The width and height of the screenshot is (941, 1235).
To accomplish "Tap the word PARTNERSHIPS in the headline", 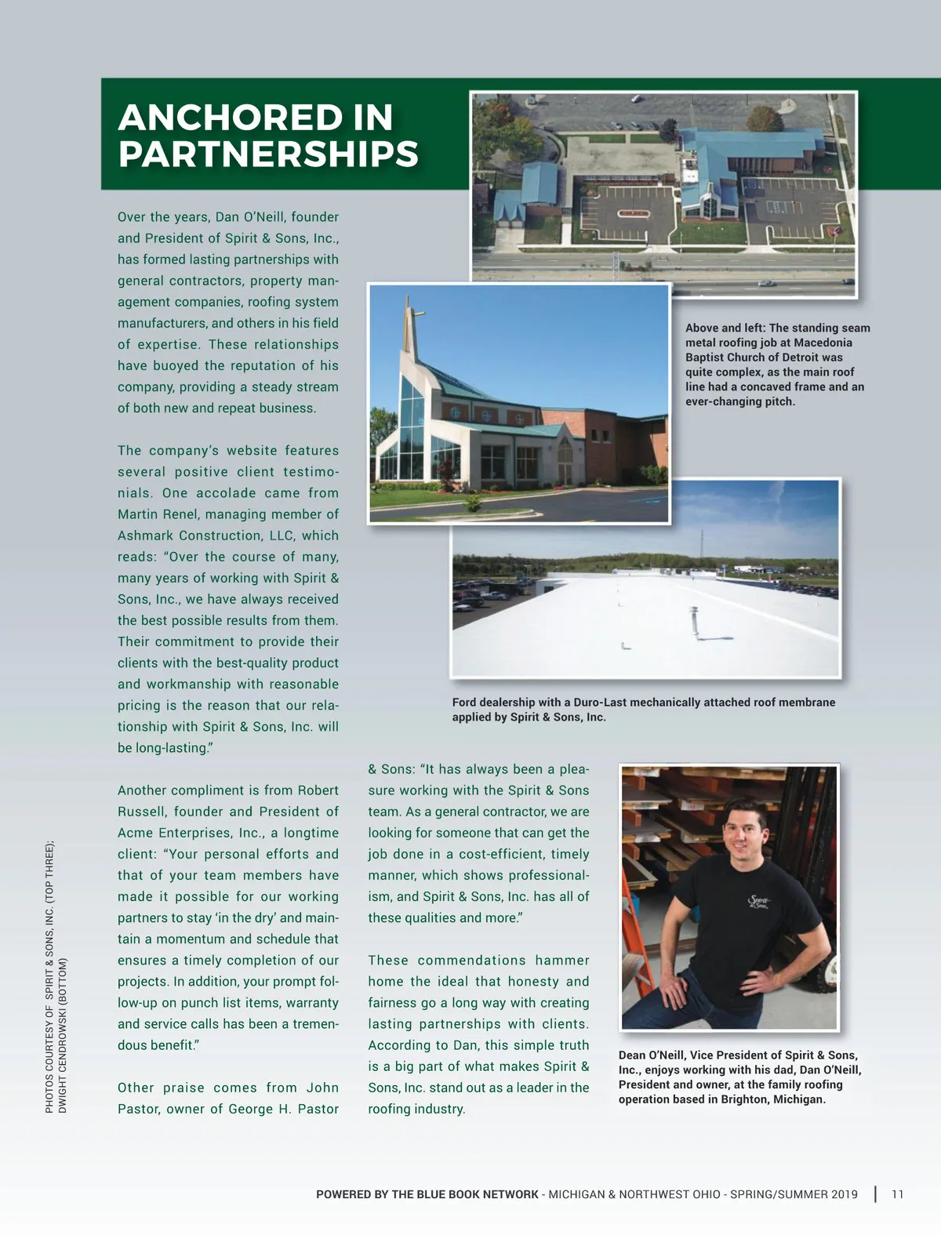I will [x=268, y=154].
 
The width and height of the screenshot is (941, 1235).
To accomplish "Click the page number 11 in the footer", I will [x=898, y=1194].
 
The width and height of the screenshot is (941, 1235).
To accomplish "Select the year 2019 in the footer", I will [x=842, y=1194].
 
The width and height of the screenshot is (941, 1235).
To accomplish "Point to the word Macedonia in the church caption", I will [x=823, y=343].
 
